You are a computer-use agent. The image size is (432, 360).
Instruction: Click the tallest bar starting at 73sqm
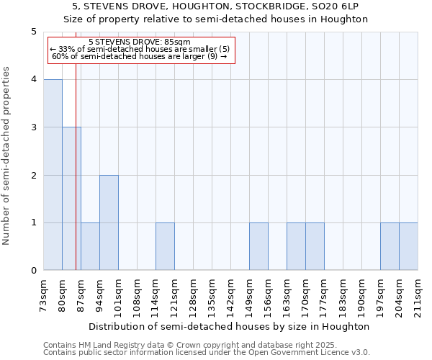pyautogui.click(x=53, y=175)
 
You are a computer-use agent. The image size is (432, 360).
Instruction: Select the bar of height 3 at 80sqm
pyautogui.click(x=71, y=199)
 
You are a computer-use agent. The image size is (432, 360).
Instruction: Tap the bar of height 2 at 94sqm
pyautogui.click(x=109, y=222)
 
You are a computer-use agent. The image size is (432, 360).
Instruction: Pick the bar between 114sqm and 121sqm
pyautogui.click(x=165, y=246)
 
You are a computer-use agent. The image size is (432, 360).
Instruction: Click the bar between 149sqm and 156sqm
pyautogui.click(x=258, y=246)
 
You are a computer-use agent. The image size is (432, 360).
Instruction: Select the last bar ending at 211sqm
pyautogui.click(x=408, y=246)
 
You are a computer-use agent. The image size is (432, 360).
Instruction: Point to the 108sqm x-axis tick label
pyautogui.click(x=137, y=294)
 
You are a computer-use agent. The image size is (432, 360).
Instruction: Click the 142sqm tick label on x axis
pyautogui.click(x=230, y=294)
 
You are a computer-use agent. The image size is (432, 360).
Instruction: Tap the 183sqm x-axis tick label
pyautogui.click(x=343, y=294)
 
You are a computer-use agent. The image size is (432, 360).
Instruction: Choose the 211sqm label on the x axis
pyautogui.click(x=418, y=294)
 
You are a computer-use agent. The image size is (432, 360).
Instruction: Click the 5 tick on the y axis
pyautogui.click(x=33, y=32)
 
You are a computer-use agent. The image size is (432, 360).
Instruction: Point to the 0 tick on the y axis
pyautogui.click(x=33, y=271)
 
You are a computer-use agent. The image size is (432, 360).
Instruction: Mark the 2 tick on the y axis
pyautogui.click(x=33, y=175)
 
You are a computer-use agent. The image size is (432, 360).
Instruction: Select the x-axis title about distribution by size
pyautogui.click(x=230, y=326)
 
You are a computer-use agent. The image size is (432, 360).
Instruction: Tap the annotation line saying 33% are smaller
pyautogui.click(x=139, y=49)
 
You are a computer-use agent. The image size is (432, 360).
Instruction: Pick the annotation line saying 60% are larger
pyautogui.click(x=139, y=56)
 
